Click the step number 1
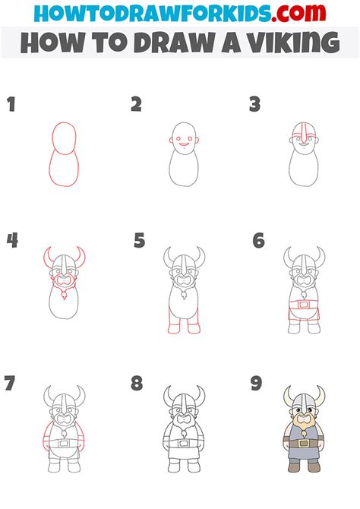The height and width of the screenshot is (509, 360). (x=11, y=105)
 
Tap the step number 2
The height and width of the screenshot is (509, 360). (x=136, y=105)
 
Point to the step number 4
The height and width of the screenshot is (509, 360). (x=12, y=241)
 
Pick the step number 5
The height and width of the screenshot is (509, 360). (x=139, y=241)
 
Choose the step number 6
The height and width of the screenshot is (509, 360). (x=258, y=241)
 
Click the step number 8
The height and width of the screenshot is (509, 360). (x=137, y=383)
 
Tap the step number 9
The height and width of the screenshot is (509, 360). (x=257, y=383)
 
